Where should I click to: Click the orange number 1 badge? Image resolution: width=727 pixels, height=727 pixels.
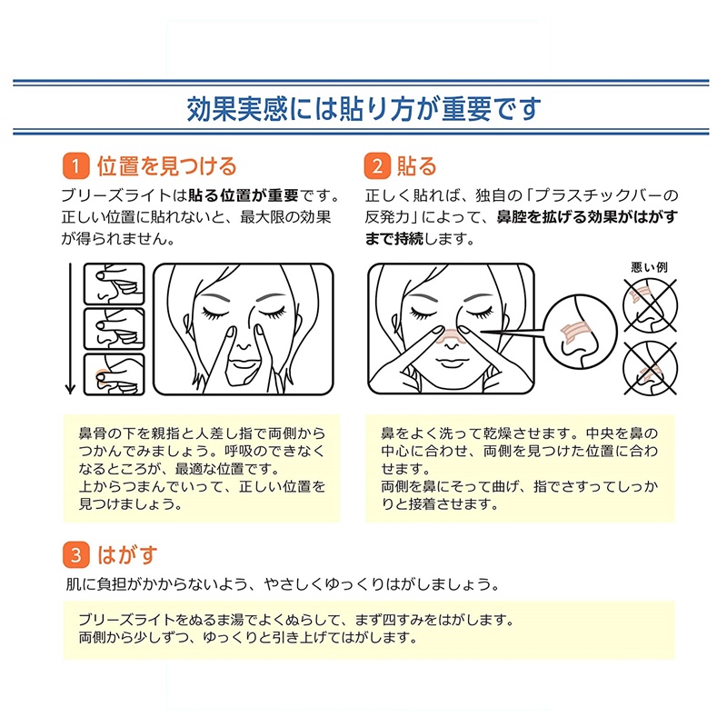click(76, 166)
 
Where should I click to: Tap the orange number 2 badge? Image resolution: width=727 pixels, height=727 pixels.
click(377, 166)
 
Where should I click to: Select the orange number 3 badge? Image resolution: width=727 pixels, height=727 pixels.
click(76, 554)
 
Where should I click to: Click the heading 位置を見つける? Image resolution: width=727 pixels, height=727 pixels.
click(167, 166)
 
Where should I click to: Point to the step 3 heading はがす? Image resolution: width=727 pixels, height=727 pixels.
click(127, 554)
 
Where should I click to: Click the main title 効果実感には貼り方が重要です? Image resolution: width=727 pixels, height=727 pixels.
click(363, 109)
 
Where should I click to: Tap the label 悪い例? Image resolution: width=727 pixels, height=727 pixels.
click(649, 267)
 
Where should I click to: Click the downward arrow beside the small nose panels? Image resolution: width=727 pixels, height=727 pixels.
click(71, 329)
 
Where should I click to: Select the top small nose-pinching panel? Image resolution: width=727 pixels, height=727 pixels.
click(115, 284)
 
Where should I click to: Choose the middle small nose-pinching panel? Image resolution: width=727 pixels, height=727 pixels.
click(115, 329)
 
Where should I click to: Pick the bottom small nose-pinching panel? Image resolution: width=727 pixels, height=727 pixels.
click(115, 374)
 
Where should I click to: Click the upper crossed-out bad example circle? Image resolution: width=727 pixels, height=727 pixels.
click(650, 305)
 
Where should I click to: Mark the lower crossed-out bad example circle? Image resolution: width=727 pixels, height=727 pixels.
click(650, 369)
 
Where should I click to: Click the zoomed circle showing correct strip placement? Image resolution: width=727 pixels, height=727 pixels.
click(580, 332)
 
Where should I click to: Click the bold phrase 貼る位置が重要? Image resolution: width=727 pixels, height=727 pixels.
click(244, 195)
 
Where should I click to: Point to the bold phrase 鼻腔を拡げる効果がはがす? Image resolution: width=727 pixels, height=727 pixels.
click(587, 216)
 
